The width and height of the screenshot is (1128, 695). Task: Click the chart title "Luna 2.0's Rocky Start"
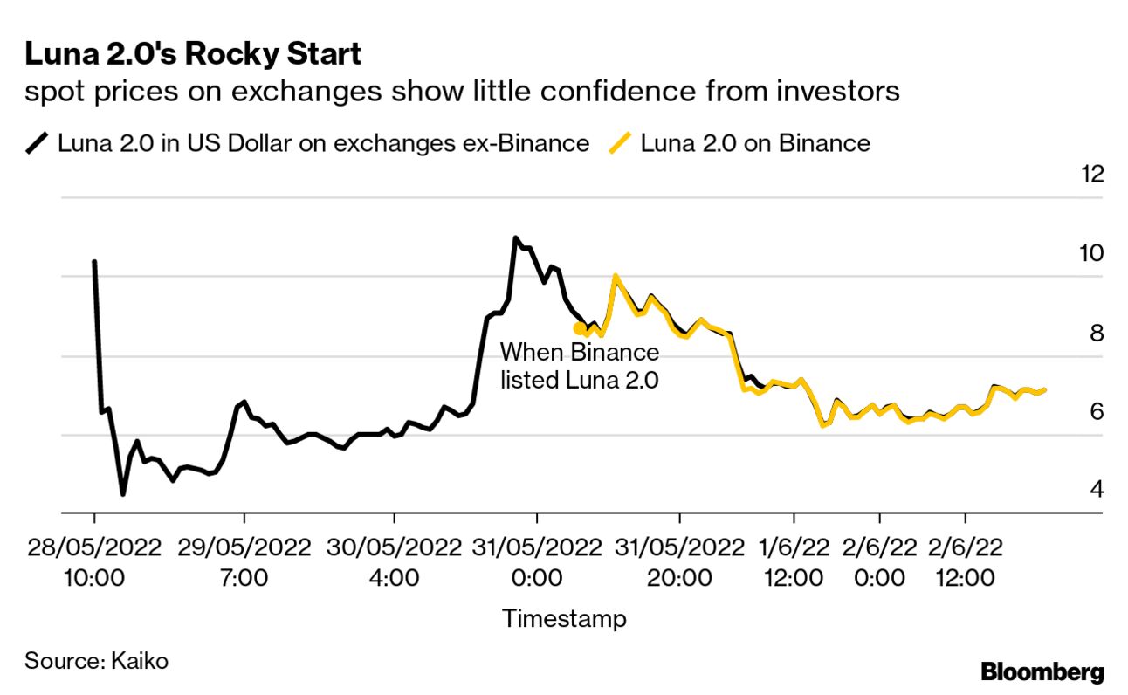click(x=193, y=54)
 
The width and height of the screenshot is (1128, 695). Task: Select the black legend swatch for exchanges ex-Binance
click(x=38, y=143)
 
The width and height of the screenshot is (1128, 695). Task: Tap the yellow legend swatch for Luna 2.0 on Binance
click(x=621, y=143)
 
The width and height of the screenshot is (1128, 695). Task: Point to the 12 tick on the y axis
click(x=1091, y=174)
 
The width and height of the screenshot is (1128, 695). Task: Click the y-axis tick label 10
click(x=1091, y=253)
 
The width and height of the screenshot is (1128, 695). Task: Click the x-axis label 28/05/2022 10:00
click(x=93, y=562)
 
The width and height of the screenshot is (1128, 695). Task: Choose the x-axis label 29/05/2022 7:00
click(x=244, y=562)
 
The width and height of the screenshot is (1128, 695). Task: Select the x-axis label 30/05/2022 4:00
click(x=394, y=562)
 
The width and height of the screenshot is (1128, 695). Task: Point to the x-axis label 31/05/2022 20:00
click(x=679, y=562)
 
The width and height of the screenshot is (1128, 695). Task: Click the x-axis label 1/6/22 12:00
click(x=794, y=562)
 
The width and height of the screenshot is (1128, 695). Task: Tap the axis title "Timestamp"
click(x=564, y=619)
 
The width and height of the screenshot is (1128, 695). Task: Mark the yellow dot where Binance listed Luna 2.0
click(x=579, y=328)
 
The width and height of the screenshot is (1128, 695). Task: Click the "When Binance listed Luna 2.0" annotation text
click(x=579, y=367)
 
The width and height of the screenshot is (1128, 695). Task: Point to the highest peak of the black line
click(x=515, y=237)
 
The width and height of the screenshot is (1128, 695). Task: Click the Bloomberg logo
click(x=1042, y=672)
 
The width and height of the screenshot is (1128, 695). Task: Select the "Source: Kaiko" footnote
click(x=96, y=661)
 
